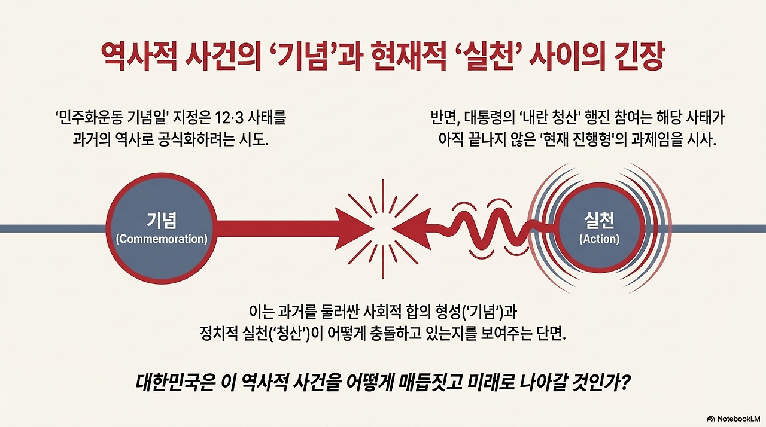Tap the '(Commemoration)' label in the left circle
coord(161,239)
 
